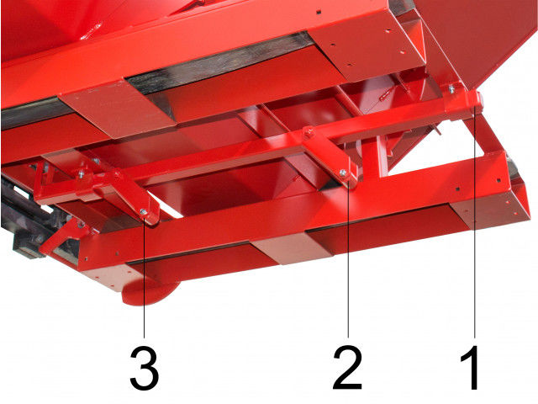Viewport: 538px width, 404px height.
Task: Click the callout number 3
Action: pos(145,368)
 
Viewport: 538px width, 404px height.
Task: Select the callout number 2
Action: pos(347,367)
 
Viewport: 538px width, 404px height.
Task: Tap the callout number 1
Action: pos(471,367)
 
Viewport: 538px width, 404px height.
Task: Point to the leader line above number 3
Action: pos(144,275)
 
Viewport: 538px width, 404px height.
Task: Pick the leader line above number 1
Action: pos(475,222)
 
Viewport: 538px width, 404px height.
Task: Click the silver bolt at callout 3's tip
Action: pos(144,212)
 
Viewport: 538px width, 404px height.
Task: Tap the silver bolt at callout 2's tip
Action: pos(343,173)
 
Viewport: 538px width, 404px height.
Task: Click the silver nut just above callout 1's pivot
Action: pos(452,88)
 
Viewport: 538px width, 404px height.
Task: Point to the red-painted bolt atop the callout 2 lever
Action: pos(309,131)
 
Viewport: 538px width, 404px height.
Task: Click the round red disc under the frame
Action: pos(151,293)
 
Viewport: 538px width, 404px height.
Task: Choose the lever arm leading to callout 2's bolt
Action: pos(330,155)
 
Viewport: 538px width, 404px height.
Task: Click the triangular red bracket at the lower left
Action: pos(61,237)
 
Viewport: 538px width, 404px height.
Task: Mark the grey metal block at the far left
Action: pos(26,247)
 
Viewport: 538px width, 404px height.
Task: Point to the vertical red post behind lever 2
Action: pos(382,155)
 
